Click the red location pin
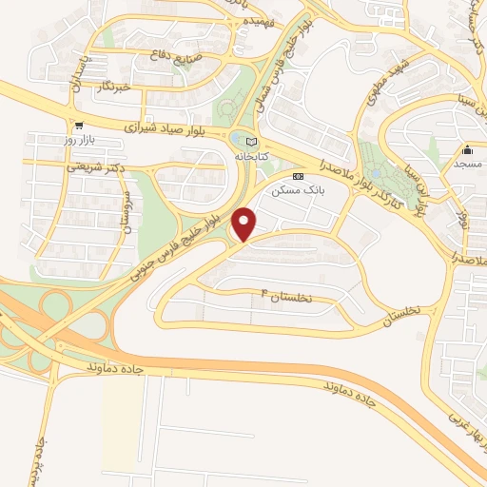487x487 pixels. (244, 224)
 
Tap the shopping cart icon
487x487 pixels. (79, 124)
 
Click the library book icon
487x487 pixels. (251, 142)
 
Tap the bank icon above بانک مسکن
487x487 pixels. (299, 176)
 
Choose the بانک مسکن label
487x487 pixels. (291, 190)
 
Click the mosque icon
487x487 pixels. (468, 150)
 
